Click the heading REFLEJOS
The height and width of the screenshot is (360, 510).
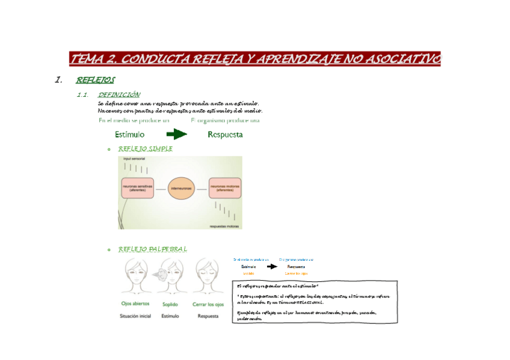pyautogui.click(x=96, y=80)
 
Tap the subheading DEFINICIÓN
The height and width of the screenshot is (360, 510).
pyautogui.click(x=119, y=95)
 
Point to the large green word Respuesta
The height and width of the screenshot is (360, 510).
pyautogui.click(x=225, y=135)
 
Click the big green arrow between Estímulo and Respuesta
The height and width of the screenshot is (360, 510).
pyautogui.click(x=177, y=135)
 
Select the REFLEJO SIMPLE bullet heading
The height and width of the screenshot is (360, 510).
pyautogui.click(x=146, y=148)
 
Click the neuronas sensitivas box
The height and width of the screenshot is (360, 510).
pyautogui.click(x=137, y=188)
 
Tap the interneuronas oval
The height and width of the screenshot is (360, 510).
pyautogui.click(x=181, y=188)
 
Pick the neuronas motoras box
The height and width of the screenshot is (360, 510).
pyautogui.click(x=225, y=188)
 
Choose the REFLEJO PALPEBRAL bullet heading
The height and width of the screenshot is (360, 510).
pyautogui.click(x=153, y=249)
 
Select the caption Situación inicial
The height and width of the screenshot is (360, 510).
pyautogui.click(x=135, y=316)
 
